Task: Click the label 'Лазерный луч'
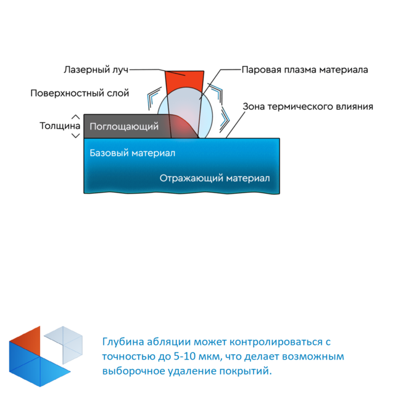point(96,70)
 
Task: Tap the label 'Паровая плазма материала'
point(305,70)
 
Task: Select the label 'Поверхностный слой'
point(80,93)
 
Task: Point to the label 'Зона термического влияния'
point(308,106)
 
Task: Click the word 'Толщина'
point(60,126)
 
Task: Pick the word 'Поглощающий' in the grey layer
point(124,126)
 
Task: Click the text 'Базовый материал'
point(133,153)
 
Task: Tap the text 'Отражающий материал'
point(215,178)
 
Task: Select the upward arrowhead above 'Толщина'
point(75,117)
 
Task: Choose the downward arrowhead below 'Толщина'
point(75,136)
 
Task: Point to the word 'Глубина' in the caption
point(123,342)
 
